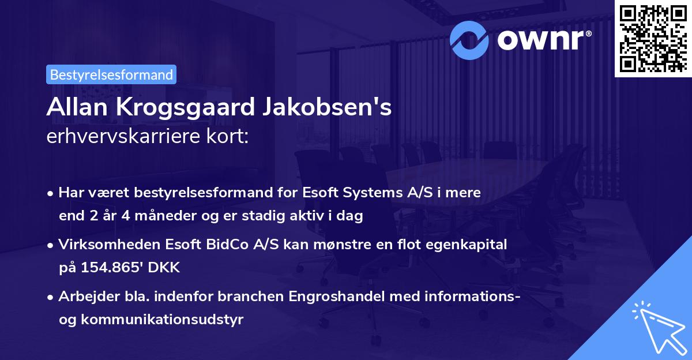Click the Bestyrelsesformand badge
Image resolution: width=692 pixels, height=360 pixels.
111,74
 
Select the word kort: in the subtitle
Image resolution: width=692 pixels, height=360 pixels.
231,137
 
